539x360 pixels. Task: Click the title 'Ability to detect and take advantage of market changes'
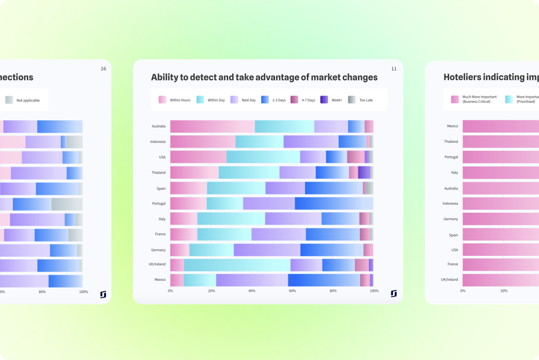264,77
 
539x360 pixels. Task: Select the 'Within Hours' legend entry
175,100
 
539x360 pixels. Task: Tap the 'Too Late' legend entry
360,100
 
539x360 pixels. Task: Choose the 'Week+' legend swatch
324,100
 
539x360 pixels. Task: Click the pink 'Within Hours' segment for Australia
212,127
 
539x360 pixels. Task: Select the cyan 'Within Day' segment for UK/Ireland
237,265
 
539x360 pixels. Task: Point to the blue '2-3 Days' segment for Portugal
334,204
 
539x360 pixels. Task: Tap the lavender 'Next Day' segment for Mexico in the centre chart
252,280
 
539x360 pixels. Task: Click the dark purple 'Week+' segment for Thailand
364,173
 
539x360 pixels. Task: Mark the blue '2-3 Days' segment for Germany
331,250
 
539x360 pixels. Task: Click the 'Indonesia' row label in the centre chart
158,142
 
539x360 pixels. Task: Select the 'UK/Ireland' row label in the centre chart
157,264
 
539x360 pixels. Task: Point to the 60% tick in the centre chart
292,291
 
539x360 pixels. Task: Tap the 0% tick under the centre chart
170,291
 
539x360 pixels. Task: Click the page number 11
394,69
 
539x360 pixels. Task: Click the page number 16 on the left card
103,69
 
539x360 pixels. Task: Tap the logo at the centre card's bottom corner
393,294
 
